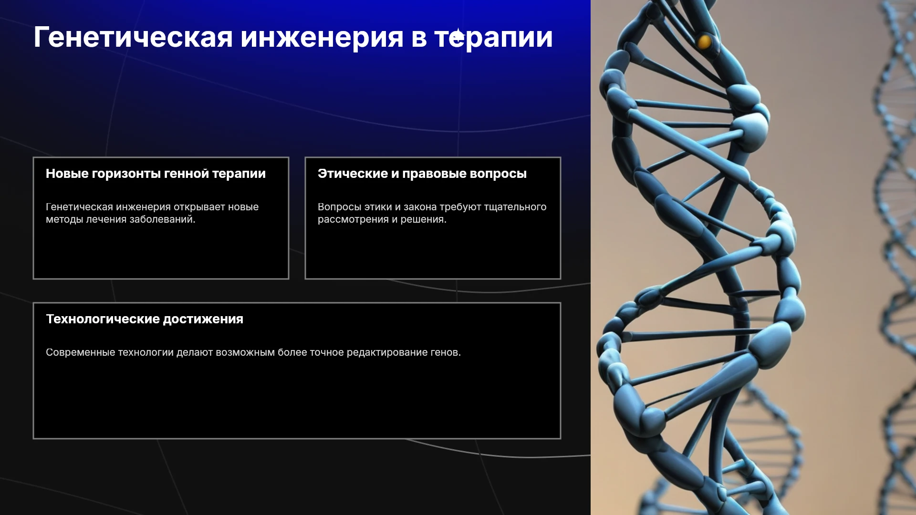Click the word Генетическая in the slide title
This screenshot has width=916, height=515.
tap(133, 37)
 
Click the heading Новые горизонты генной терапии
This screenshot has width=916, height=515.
tap(156, 174)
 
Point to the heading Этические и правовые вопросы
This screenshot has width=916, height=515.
tap(422, 174)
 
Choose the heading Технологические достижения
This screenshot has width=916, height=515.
tap(145, 319)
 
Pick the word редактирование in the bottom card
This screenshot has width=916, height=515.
tap(387, 353)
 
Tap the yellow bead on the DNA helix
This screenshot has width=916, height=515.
tap(704, 42)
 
